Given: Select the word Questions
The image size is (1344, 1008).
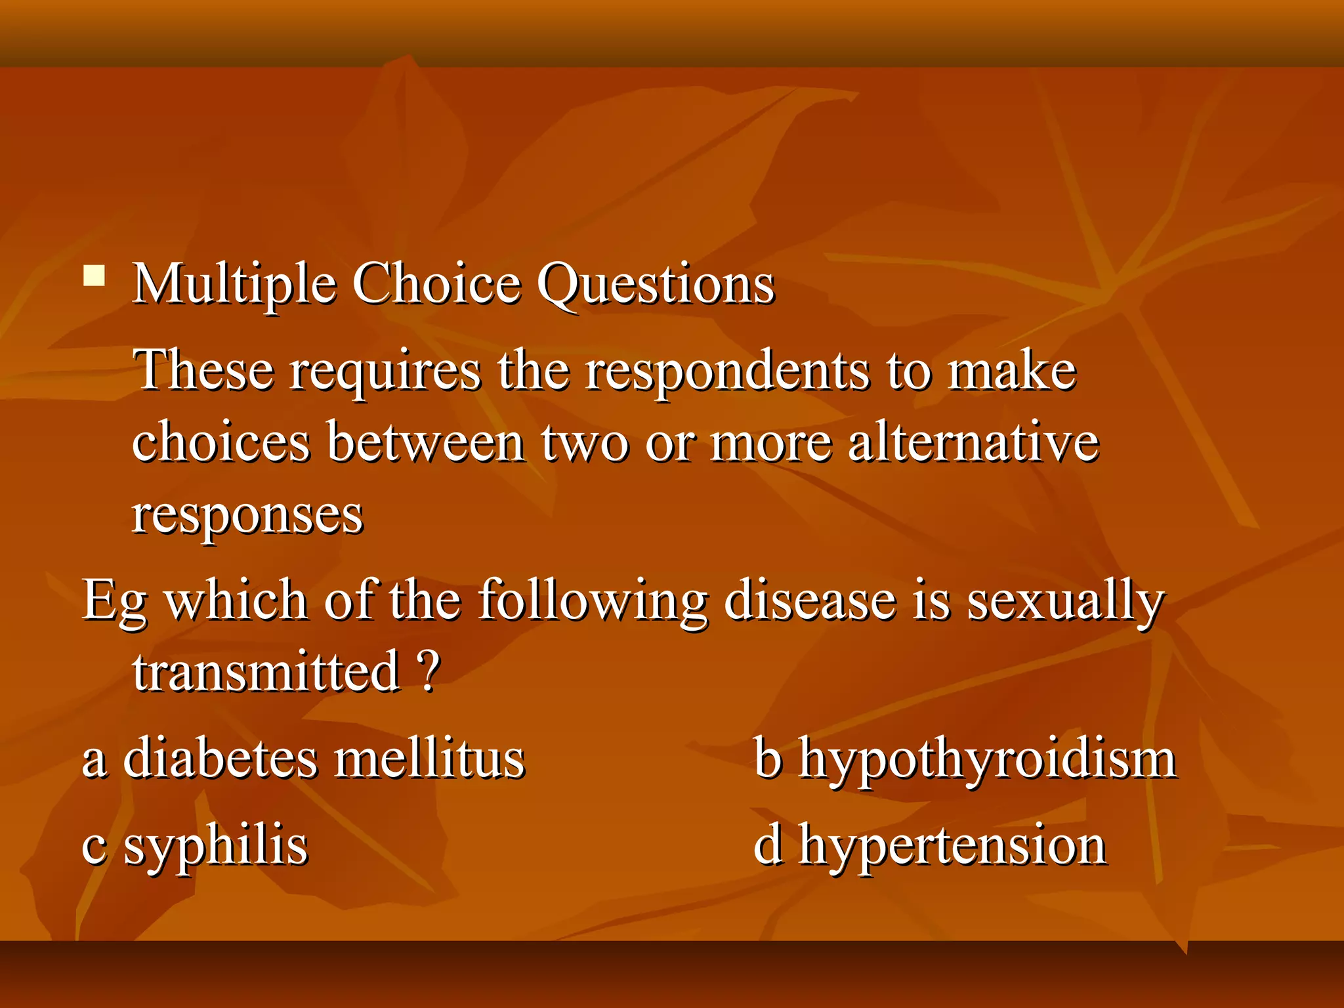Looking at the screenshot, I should [x=656, y=285].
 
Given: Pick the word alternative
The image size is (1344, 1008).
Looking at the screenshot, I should [x=973, y=442].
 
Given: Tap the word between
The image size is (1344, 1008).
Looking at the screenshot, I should [x=426, y=442].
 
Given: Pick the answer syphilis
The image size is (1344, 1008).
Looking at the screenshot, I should [x=215, y=847].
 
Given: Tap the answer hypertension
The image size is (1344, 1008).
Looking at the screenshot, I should [x=952, y=847].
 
